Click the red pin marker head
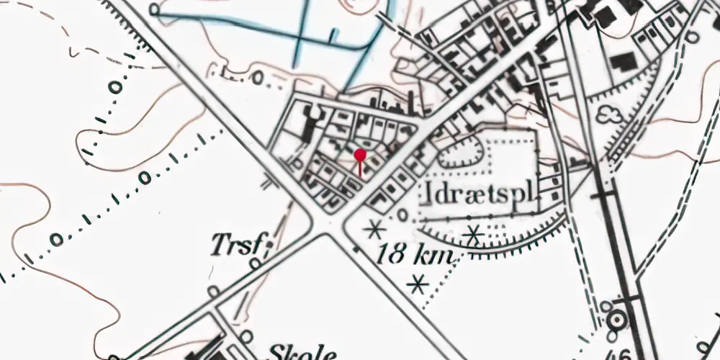[x=361, y=154]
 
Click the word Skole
[x=302, y=353]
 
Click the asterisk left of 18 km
[x=373, y=230]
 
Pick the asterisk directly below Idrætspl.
[x=473, y=234]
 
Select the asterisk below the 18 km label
[x=416, y=285]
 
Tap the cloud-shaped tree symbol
[x=611, y=113]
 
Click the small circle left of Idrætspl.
[x=403, y=214]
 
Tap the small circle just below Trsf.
[x=255, y=264]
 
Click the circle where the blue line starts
[x=156, y=9]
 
